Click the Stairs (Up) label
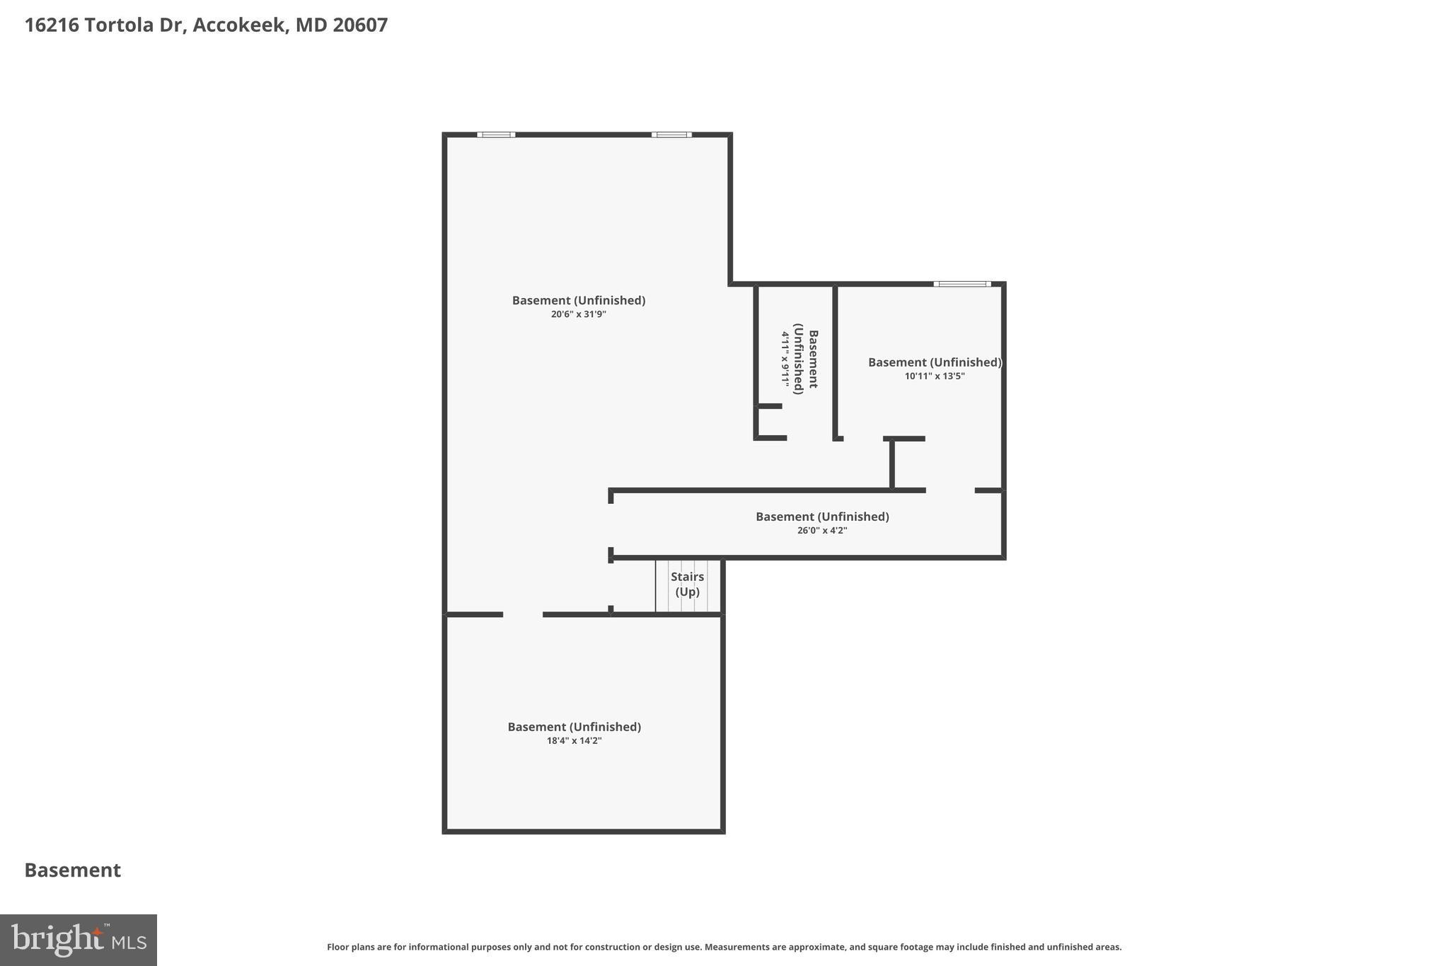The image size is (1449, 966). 687,585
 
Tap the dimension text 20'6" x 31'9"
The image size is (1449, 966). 578,314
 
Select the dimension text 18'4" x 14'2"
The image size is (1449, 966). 574,741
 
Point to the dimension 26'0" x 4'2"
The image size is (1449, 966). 821,531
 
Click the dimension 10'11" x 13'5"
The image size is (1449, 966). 934,376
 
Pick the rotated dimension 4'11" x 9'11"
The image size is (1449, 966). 785,359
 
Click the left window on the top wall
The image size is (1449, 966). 496,134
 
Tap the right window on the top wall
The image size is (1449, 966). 671,134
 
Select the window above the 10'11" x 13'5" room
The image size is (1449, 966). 962,284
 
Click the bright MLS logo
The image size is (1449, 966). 79,940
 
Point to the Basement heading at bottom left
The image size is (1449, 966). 73,870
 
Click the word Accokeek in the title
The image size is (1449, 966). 240,25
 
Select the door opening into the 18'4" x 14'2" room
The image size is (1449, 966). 523,614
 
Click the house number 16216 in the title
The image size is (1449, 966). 52,25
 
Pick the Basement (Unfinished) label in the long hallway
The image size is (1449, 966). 822,517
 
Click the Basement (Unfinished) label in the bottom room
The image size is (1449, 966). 574,727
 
